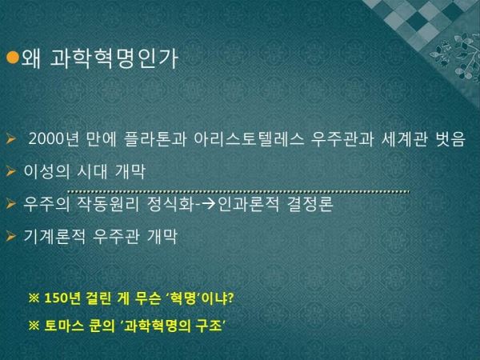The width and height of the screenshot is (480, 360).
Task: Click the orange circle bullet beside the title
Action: click(x=13, y=58)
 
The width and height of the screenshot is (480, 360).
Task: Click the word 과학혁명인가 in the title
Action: click(x=114, y=58)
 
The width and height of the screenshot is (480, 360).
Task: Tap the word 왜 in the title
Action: click(x=31, y=58)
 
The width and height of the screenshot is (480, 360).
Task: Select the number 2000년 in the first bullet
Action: click(x=54, y=139)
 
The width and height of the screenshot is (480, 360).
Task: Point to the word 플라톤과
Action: click(x=155, y=139)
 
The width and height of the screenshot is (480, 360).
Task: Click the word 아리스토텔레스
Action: click(x=249, y=139)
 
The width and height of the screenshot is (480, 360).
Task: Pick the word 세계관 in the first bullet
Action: click(x=404, y=139)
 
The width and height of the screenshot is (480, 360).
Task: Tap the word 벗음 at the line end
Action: click(x=450, y=139)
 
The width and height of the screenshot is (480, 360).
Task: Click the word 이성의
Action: click(x=46, y=171)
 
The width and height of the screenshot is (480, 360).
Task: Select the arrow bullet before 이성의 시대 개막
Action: click(x=10, y=171)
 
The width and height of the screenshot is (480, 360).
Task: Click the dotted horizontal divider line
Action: click(x=238, y=192)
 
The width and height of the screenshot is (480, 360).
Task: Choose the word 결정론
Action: click(x=310, y=204)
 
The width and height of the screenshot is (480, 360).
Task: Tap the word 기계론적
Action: click(x=54, y=236)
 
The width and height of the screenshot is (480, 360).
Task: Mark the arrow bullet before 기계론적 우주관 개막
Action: click(x=10, y=236)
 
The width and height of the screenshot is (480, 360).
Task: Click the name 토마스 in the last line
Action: click(x=64, y=326)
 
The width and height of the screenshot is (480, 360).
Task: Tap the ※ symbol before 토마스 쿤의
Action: click(x=34, y=326)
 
